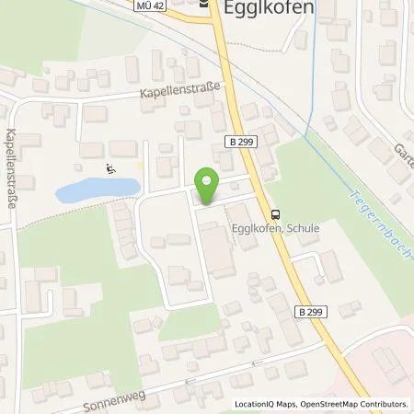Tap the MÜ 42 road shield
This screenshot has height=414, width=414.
(155, 5)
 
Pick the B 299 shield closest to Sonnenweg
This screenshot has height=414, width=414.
(309, 310)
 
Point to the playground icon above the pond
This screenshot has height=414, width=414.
(111, 168)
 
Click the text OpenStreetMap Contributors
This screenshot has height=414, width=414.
(355, 404)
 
